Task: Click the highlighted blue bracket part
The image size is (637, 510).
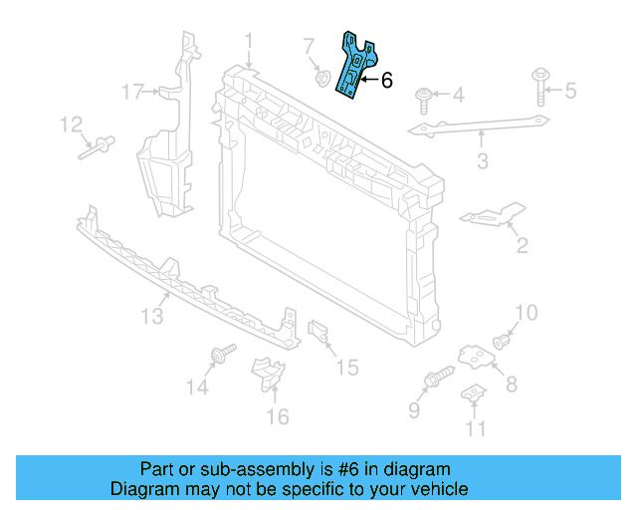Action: coord(353,65)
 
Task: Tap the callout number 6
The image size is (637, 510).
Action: coord(387,81)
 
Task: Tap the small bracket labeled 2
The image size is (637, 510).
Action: coord(490,216)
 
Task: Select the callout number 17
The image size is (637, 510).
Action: coord(134,93)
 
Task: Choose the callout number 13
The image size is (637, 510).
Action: coord(150,317)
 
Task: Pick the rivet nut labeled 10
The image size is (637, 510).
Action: coord(502,342)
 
